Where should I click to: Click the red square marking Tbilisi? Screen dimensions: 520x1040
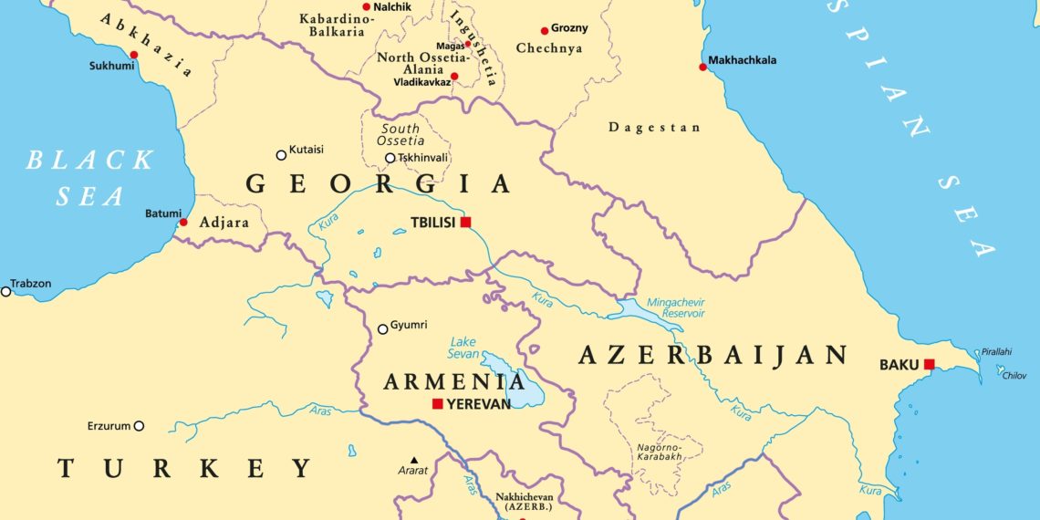465,222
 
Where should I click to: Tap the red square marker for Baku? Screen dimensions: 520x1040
929,364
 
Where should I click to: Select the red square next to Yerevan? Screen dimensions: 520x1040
438,403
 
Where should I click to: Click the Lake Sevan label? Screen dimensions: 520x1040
463,348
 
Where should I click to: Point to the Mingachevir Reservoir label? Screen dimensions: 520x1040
675,307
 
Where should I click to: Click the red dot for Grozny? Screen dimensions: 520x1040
545,30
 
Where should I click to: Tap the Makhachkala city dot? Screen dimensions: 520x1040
702,67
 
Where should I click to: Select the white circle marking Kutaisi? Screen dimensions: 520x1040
281,155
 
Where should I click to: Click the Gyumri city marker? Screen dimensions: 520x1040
382,329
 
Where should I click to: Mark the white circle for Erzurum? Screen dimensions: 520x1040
139,425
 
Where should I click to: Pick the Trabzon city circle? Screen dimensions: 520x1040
5,291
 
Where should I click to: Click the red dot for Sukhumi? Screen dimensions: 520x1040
134,55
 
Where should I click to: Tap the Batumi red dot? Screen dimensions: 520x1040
183,222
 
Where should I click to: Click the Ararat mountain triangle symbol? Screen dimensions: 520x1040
414,460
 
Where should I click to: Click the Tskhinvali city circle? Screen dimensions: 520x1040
390,158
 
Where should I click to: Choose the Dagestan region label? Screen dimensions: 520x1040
654,128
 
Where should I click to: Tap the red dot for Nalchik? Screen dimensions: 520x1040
367,6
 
